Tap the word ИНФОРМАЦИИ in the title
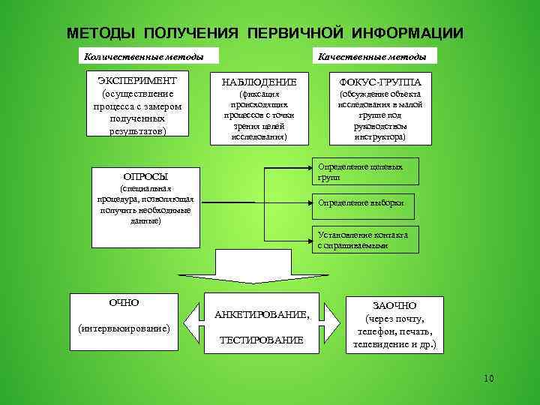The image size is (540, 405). click(x=406, y=34)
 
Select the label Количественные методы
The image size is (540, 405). click(x=143, y=57)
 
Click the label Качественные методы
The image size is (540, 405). click(x=372, y=57)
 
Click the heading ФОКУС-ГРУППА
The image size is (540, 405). click(x=380, y=82)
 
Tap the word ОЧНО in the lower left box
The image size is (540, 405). click(x=124, y=302)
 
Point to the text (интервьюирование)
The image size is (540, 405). click(x=124, y=328)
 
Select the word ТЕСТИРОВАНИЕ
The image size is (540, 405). click(x=261, y=340)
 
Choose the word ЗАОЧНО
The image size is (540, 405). click(x=394, y=306)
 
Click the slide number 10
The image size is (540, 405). click(x=489, y=377)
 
